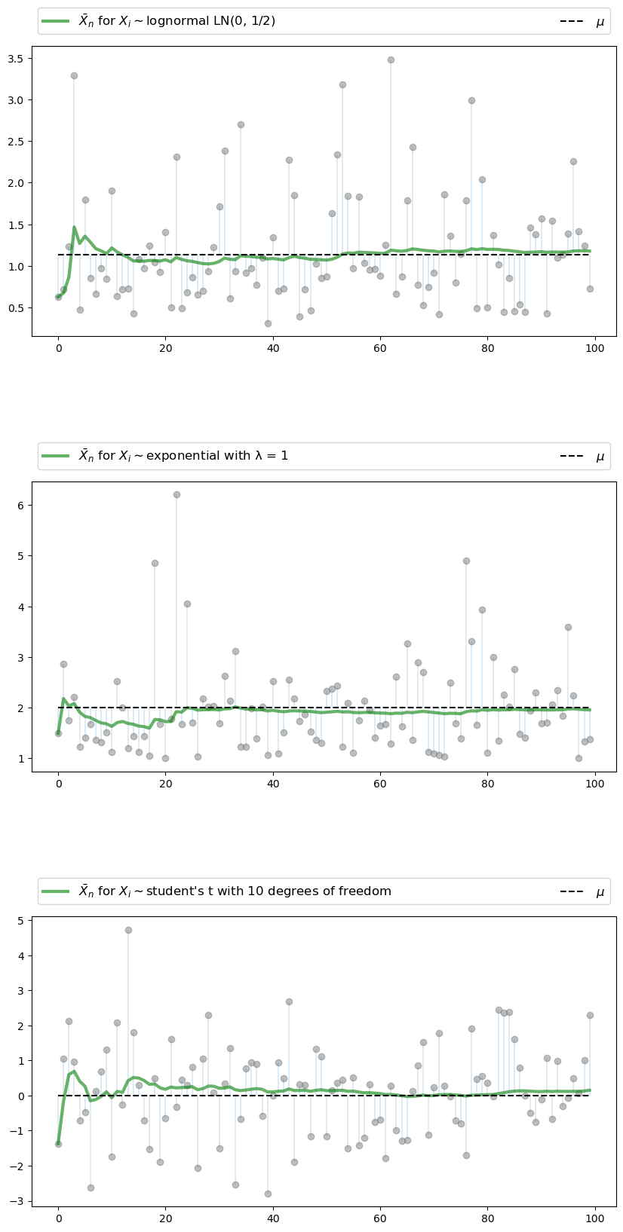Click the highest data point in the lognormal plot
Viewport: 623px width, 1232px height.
click(391, 60)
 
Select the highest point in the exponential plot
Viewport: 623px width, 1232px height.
click(176, 494)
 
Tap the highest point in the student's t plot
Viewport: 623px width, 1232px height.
click(128, 930)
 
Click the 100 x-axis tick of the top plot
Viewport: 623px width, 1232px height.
click(595, 348)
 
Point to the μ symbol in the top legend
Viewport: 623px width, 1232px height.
click(600, 22)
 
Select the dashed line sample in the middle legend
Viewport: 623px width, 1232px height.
click(572, 456)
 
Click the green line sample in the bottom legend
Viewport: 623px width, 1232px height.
click(56, 891)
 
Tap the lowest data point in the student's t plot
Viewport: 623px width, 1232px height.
click(268, 1194)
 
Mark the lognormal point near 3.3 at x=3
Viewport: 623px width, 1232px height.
click(74, 75)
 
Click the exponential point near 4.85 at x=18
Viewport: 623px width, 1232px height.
click(155, 563)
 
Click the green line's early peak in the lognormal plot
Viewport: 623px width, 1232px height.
click(74, 227)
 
